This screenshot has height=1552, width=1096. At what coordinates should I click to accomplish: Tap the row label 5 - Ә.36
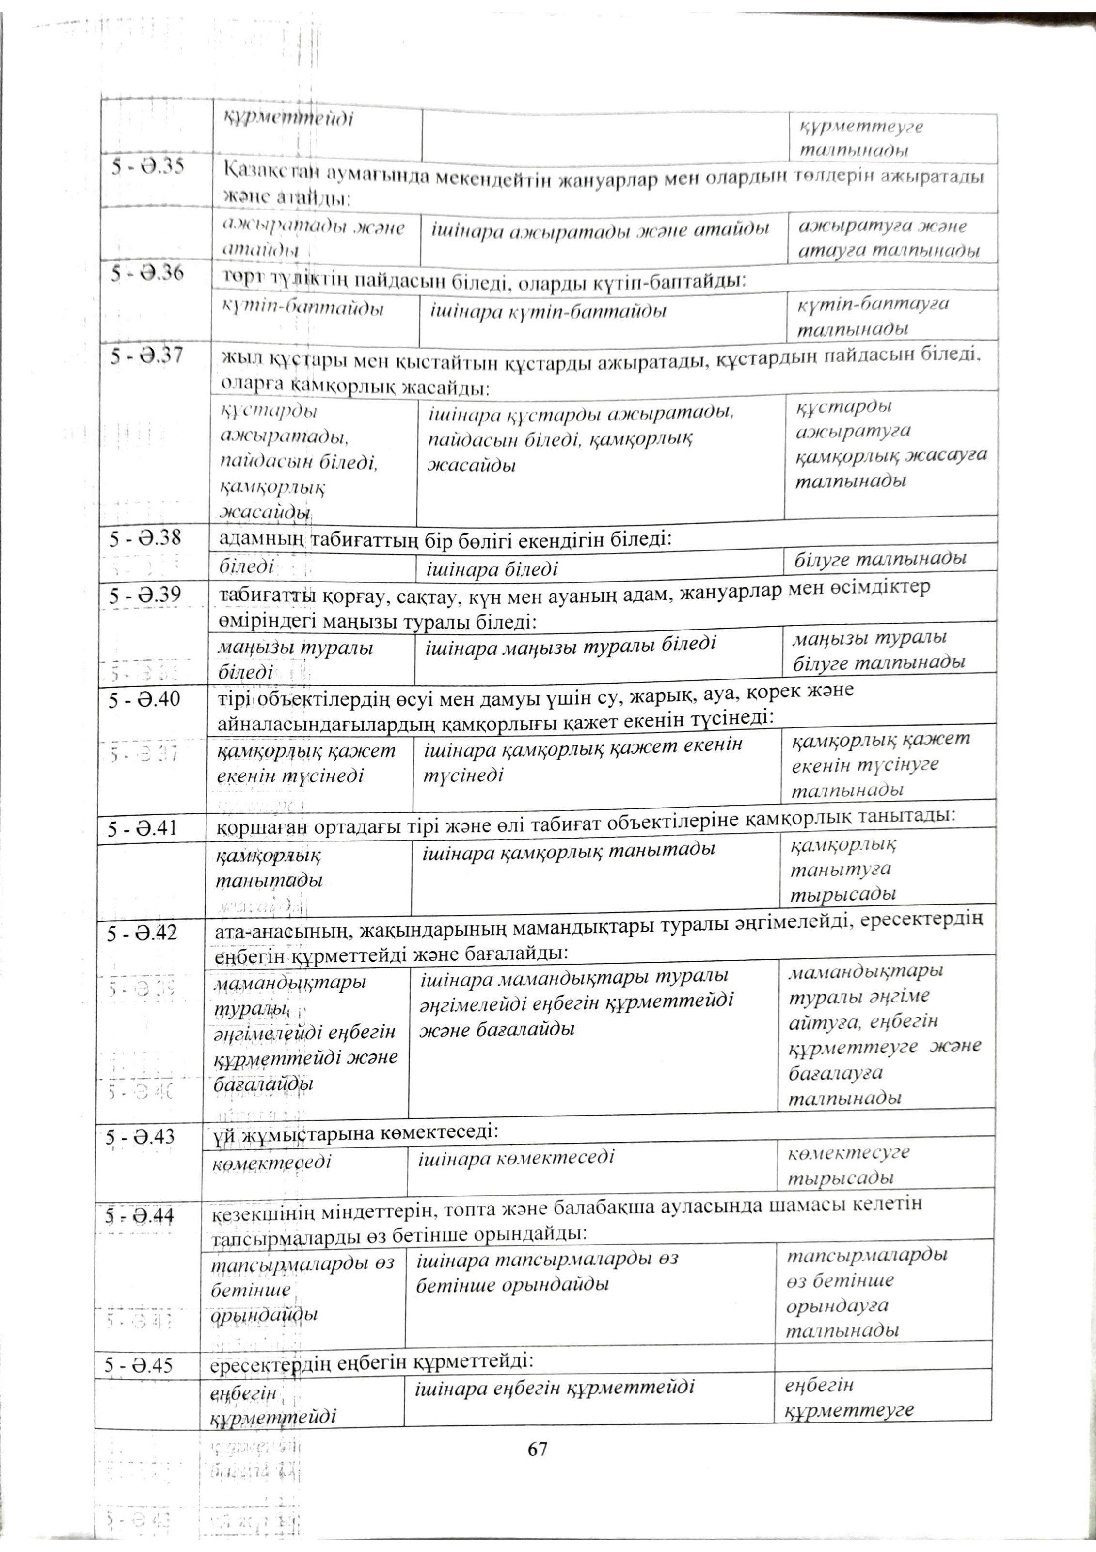[148, 274]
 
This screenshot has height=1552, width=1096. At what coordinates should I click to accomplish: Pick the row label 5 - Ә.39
[143, 596]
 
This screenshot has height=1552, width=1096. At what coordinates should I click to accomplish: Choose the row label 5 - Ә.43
[141, 1137]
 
